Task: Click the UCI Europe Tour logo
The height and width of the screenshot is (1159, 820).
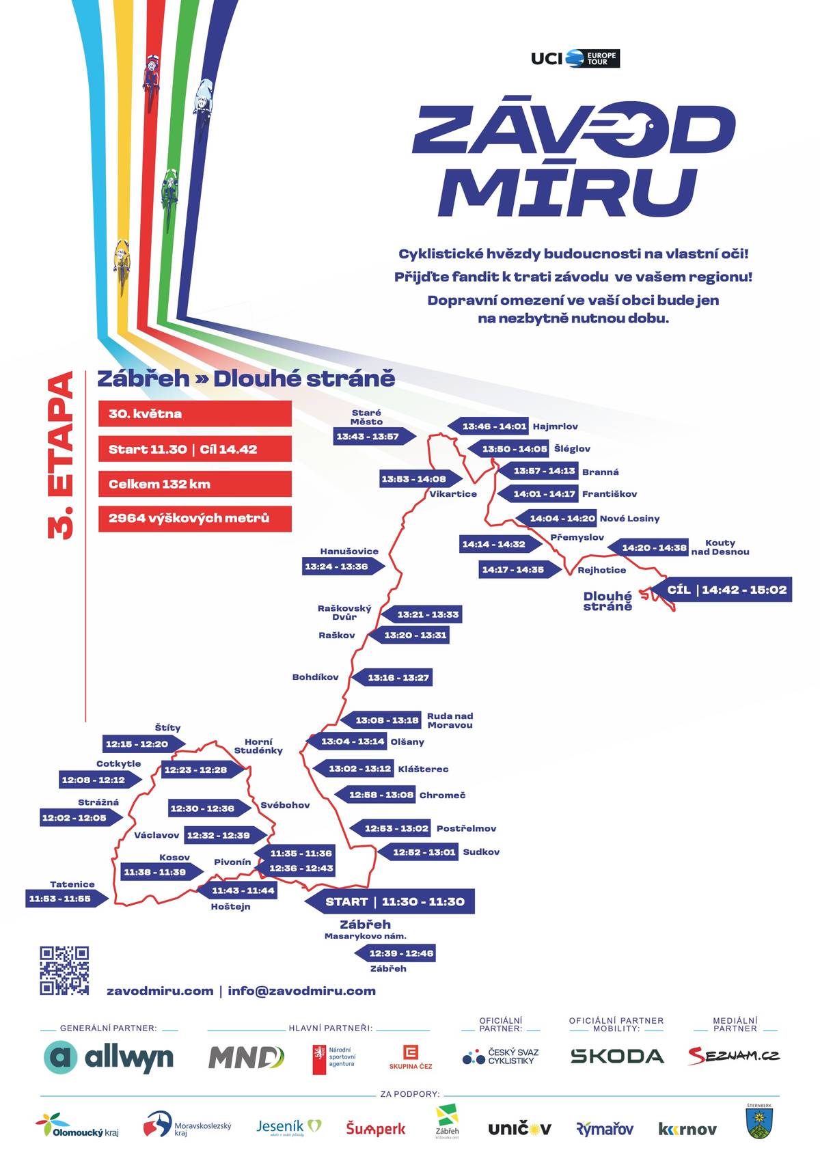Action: click(x=575, y=59)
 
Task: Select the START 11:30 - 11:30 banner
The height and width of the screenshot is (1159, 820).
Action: click(x=389, y=901)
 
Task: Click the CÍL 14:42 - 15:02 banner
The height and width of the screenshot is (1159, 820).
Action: click(x=721, y=589)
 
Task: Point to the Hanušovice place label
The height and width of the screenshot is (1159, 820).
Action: click(x=349, y=551)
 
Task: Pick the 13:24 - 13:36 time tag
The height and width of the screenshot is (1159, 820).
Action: click(x=344, y=567)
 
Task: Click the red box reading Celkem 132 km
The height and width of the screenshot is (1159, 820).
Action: click(x=195, y=484)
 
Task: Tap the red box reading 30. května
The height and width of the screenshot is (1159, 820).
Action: click(x=195, y=413)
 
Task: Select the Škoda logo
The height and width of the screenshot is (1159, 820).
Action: click(x=617, y=1056)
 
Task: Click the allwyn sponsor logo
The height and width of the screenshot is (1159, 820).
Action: click(x=109, y=1057)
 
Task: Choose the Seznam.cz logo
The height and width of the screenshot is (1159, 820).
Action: click(x=734, y=1056)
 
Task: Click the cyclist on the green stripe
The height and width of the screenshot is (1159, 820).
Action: click(x=169, y=191)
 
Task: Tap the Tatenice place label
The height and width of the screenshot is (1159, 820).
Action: click(x=72, y=884)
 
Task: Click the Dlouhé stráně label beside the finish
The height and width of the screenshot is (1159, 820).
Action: click(x=608, y=601)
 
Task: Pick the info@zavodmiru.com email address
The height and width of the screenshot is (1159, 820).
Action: click(x=301, y=991)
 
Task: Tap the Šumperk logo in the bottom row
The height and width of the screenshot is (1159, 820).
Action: click(x=376, y=1128)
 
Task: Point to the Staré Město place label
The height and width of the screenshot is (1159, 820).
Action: click(x=366, y=417)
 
